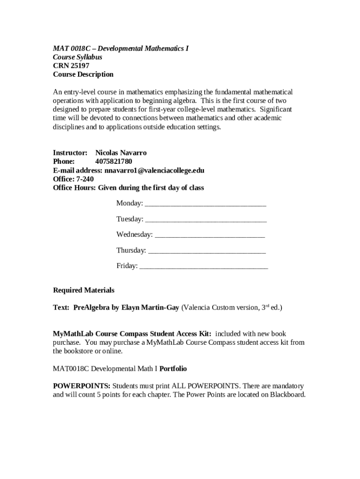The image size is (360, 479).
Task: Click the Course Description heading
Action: click(83, 74)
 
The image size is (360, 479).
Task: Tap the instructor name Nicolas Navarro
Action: click(121, 153)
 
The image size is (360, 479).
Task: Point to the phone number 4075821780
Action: click(107, 162)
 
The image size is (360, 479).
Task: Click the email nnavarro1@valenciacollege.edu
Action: click(154, 170)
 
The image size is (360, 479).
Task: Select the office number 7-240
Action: click(85, 179)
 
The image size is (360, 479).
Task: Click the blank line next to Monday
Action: click(206, 204)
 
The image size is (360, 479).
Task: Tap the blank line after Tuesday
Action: click(206, 220)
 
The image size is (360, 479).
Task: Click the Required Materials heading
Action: click(83, 290)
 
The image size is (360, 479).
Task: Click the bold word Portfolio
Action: click(173, 369)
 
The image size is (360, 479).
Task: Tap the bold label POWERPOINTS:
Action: click(81, 386)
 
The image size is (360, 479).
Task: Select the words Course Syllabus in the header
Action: click(77, 57)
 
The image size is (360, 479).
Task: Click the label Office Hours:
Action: click(74, 188)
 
